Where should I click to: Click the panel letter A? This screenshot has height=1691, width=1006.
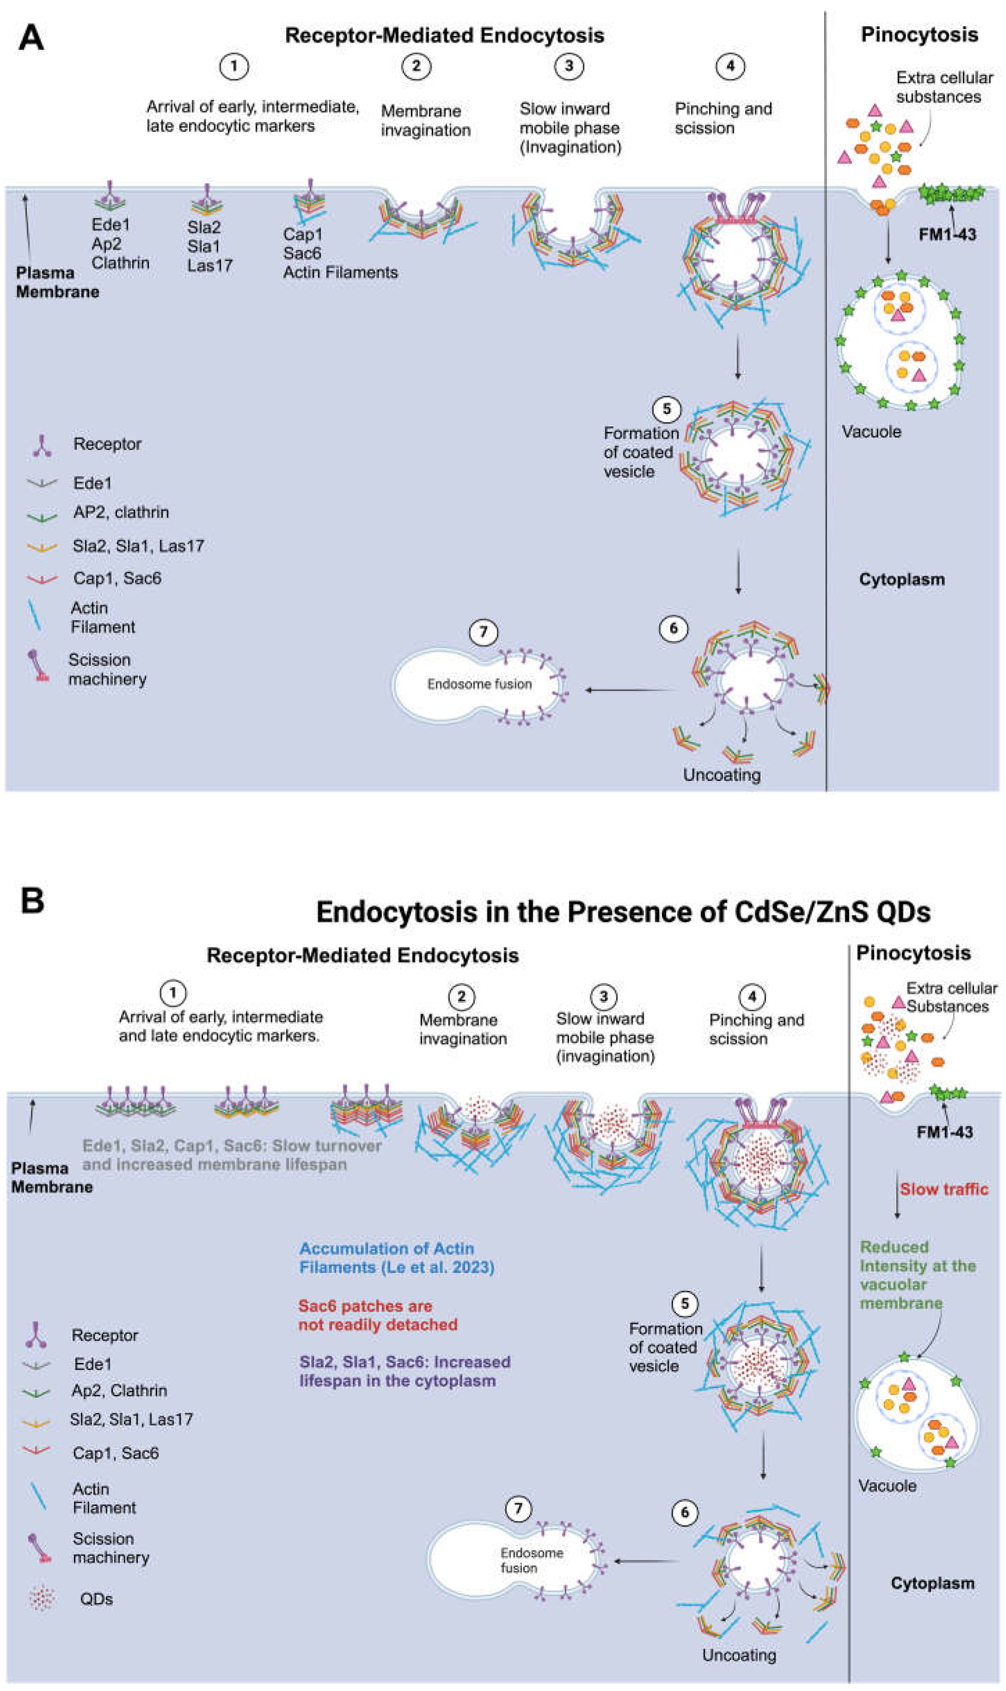31,38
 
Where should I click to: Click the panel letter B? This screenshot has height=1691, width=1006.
32,901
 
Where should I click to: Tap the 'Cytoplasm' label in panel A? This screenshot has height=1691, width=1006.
902,580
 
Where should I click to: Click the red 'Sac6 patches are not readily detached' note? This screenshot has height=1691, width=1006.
378,1315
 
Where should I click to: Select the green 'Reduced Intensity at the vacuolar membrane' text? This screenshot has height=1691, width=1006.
918,1275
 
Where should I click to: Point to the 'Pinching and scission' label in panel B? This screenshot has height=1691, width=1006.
756,1029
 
